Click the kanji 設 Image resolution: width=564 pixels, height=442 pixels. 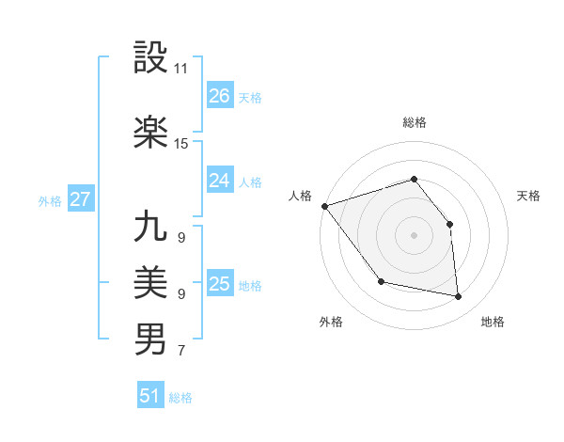(150, 58)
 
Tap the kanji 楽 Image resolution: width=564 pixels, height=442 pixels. (150, 132)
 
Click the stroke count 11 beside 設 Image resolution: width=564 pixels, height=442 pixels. (181, 70)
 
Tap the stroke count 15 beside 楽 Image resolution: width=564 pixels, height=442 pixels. (181, 144)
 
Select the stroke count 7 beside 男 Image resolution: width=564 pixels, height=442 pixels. (180, 352)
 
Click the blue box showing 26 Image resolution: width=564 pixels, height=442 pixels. (219, 96)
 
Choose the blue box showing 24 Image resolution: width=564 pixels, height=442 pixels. (219, 181)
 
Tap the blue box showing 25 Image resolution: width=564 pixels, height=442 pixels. (219, 284)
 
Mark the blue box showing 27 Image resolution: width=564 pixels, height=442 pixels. (80, 199)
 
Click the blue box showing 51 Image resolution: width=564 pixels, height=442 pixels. (150, 396)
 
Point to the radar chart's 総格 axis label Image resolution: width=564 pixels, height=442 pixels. (415, 122)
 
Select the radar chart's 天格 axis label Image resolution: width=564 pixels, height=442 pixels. (529, 196)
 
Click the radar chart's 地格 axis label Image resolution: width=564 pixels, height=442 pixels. (493, 322)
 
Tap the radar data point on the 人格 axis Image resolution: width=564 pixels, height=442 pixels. (324, 206)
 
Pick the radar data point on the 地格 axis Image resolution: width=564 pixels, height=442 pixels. (459, 297)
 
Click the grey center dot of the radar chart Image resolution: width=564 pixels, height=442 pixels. (414, 235)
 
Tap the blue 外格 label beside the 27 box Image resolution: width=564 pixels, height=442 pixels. (50, 200)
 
